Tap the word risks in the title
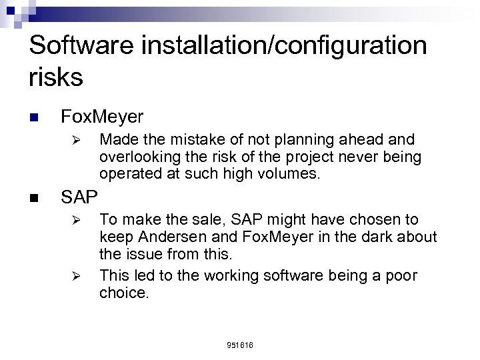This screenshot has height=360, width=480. [x=57, y=77]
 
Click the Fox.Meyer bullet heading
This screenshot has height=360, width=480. [x=101, y=117]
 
